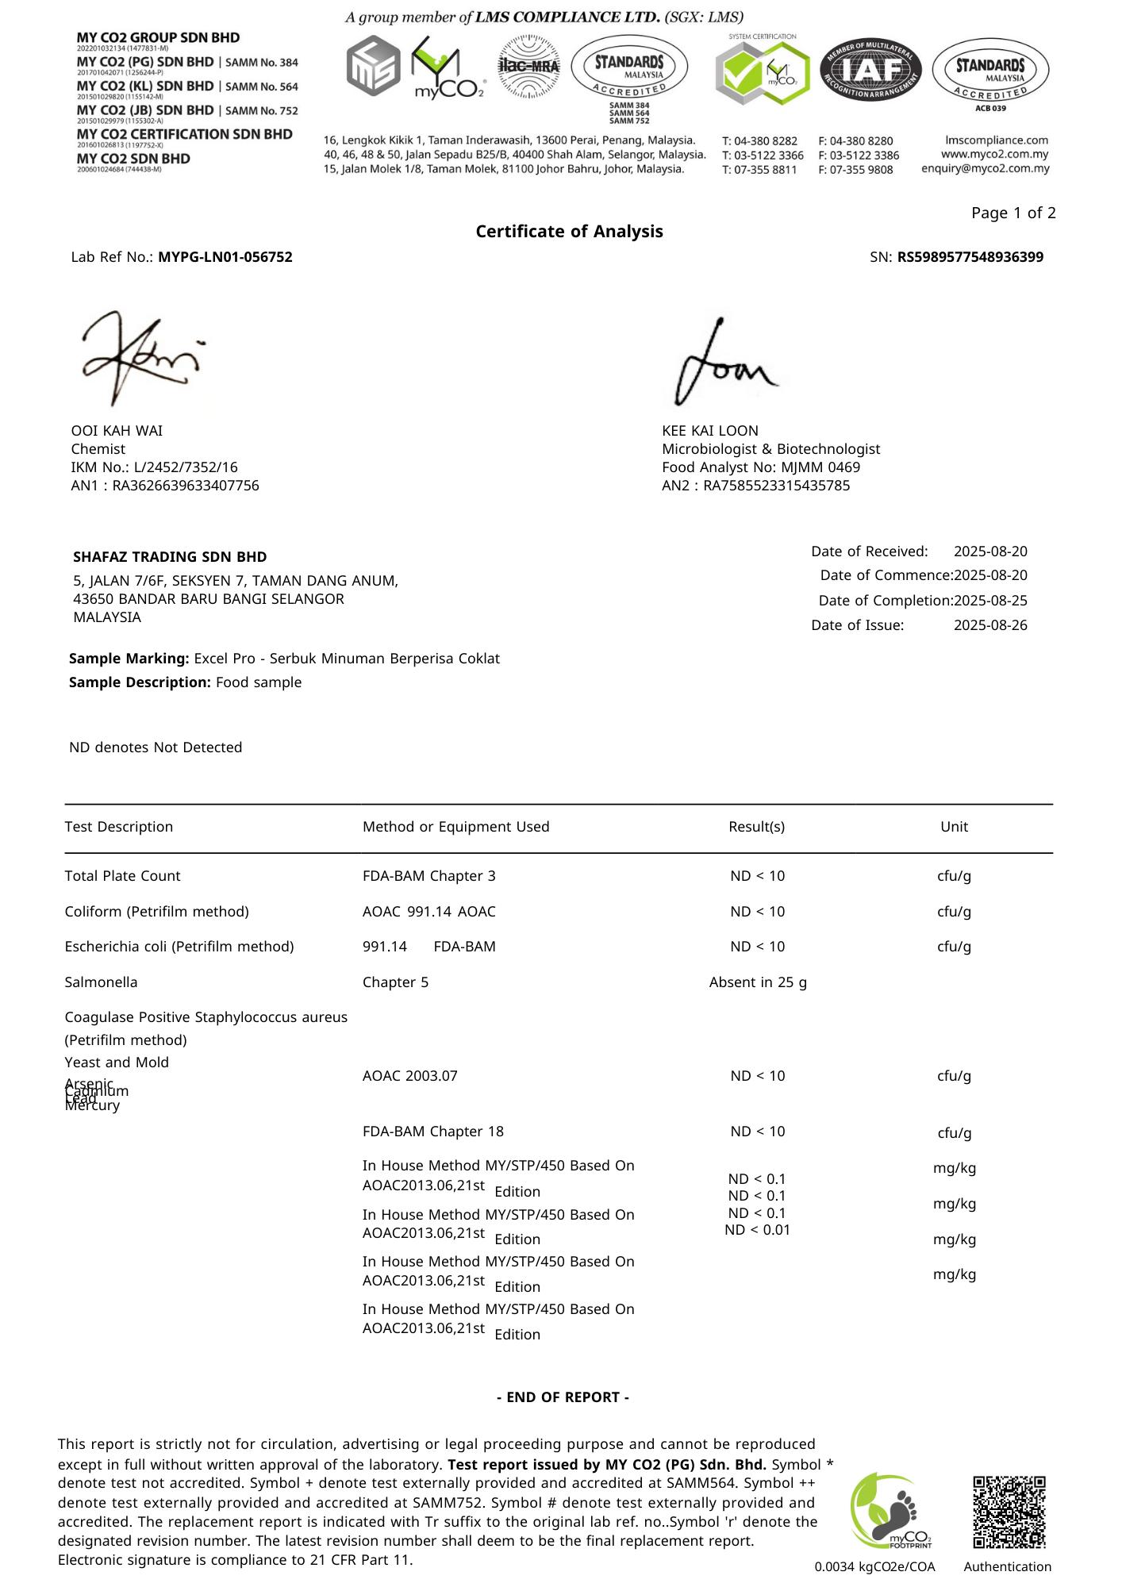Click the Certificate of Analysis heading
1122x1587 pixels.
[569, 231]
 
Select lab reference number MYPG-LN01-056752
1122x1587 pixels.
[225, 257]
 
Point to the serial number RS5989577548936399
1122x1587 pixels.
[970, 257]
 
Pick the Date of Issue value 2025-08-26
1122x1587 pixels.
[990, 625]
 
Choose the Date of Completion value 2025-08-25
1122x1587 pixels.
[990, 601]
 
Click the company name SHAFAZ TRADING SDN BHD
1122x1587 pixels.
[170, 557]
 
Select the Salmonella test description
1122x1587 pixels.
[101, 982]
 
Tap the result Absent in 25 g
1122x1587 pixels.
[758, 982]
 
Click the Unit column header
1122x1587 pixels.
[954, 827]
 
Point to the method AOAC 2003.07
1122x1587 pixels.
[409, 1076]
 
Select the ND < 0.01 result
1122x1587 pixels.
[758, 1231]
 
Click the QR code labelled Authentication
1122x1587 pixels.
[1009, 1512]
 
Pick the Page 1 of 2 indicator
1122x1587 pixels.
[1013, 213]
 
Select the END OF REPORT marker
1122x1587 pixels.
[563, 1397]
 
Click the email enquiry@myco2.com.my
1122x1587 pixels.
[985, 168]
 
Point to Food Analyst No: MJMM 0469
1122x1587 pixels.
[761, 467]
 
